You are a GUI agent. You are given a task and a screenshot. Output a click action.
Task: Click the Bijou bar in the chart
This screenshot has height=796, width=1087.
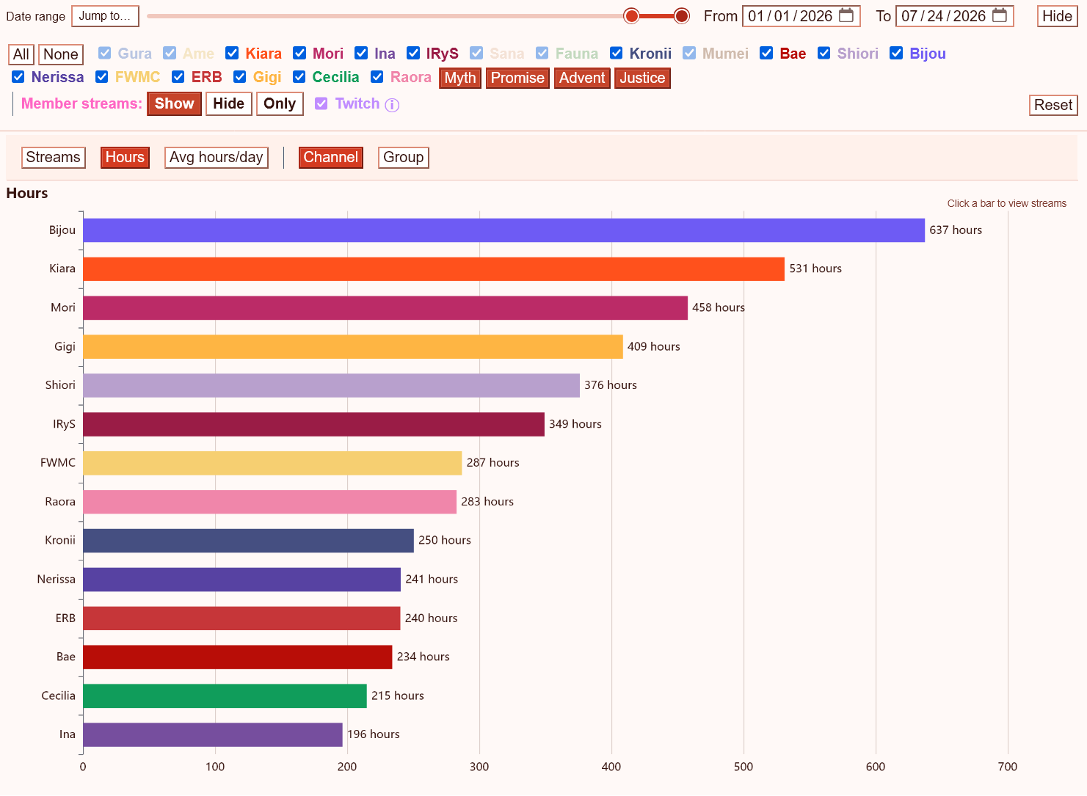click(503, 230)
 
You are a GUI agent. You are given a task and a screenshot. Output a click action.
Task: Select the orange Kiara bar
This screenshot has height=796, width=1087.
click(434, 269)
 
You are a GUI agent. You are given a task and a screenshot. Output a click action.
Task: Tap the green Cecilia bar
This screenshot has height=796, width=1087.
click(225, 695)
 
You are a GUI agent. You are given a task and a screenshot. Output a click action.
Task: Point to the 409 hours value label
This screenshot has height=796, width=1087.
click(653, 346)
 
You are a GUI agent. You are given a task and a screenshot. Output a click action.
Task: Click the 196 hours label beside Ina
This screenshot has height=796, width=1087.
click(373, 734)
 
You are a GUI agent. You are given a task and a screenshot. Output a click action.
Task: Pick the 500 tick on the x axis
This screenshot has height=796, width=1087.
click(744, 767)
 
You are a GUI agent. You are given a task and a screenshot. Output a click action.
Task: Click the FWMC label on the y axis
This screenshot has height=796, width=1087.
click(58, 463)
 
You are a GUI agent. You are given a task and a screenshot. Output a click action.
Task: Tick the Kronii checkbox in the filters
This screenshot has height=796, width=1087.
click(617, 53)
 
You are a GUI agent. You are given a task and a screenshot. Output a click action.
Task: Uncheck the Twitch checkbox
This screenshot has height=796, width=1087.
click(321, 103)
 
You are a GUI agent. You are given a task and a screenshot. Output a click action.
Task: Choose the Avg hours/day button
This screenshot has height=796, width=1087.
click(217, 157)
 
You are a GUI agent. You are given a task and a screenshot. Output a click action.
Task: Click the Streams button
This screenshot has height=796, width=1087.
click(54, 157)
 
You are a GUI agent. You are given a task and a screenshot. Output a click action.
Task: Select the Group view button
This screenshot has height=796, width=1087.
click(403, 157)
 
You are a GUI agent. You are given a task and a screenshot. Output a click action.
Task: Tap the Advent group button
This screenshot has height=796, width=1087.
click(582, 78)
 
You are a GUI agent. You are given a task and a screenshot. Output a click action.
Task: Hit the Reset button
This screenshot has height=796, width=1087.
click(1053, 105)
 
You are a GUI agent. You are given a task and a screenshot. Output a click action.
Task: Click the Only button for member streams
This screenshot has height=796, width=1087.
click(280, 103)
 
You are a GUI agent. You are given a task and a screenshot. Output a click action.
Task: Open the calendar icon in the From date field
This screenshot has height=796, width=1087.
click(846, 15)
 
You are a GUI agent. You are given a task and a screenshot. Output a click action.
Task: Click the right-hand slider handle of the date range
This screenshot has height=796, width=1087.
click(681, 16)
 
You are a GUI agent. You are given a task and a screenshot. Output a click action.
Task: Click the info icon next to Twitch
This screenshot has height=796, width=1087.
click(392, 105)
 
